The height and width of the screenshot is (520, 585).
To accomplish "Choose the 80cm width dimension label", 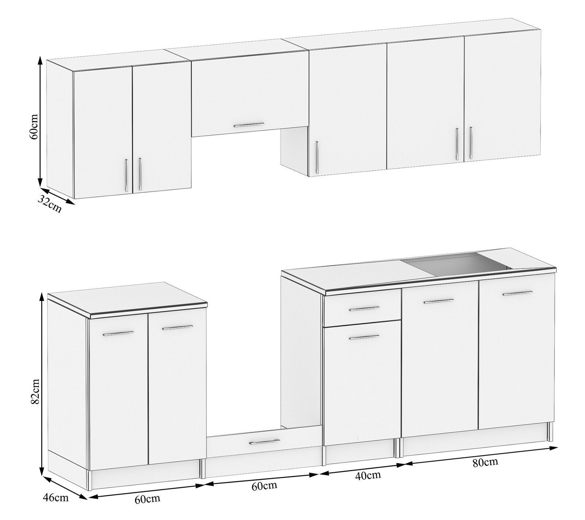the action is click(485, 462).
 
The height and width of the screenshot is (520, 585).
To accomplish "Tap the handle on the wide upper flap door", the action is click(249, 125).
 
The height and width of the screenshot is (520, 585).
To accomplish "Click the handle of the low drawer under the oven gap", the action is click(264, 442).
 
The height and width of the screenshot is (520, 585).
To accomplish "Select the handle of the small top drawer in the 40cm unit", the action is click(365, 309).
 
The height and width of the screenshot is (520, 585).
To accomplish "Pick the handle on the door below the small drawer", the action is click(365, 338).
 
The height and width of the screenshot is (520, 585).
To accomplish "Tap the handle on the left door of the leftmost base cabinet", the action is click(118, 333).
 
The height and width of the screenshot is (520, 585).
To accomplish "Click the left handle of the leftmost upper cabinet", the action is click(126, 175).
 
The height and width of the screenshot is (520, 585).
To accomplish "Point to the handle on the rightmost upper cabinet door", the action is click(471, 143).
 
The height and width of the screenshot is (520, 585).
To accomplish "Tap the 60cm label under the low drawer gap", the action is click(264, 487).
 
